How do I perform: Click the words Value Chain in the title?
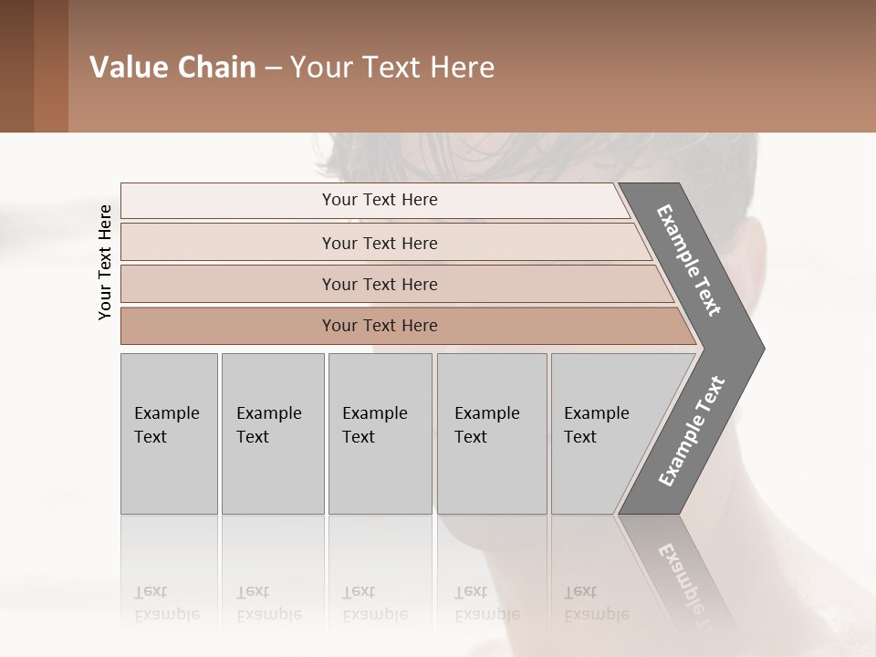point(172,68)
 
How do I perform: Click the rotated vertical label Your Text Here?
point(105,262)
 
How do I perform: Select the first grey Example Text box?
point(169,433)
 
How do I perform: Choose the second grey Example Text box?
point(273,433)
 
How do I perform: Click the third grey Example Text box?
point(380,433)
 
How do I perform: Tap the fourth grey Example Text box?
point(492,433)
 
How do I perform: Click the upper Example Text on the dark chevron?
point(689,260)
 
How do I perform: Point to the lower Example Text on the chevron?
point(692,431)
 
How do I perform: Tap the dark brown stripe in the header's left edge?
point(16,66)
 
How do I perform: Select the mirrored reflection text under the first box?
point(166,603)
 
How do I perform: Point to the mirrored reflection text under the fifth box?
point(596,603)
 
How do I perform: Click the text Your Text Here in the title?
point(392,68)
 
